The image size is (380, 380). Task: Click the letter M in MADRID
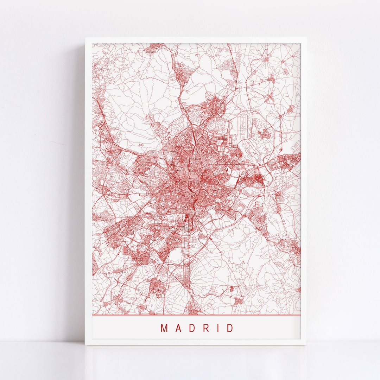coord(164,328)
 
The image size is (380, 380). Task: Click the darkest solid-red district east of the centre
coord(257,180)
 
